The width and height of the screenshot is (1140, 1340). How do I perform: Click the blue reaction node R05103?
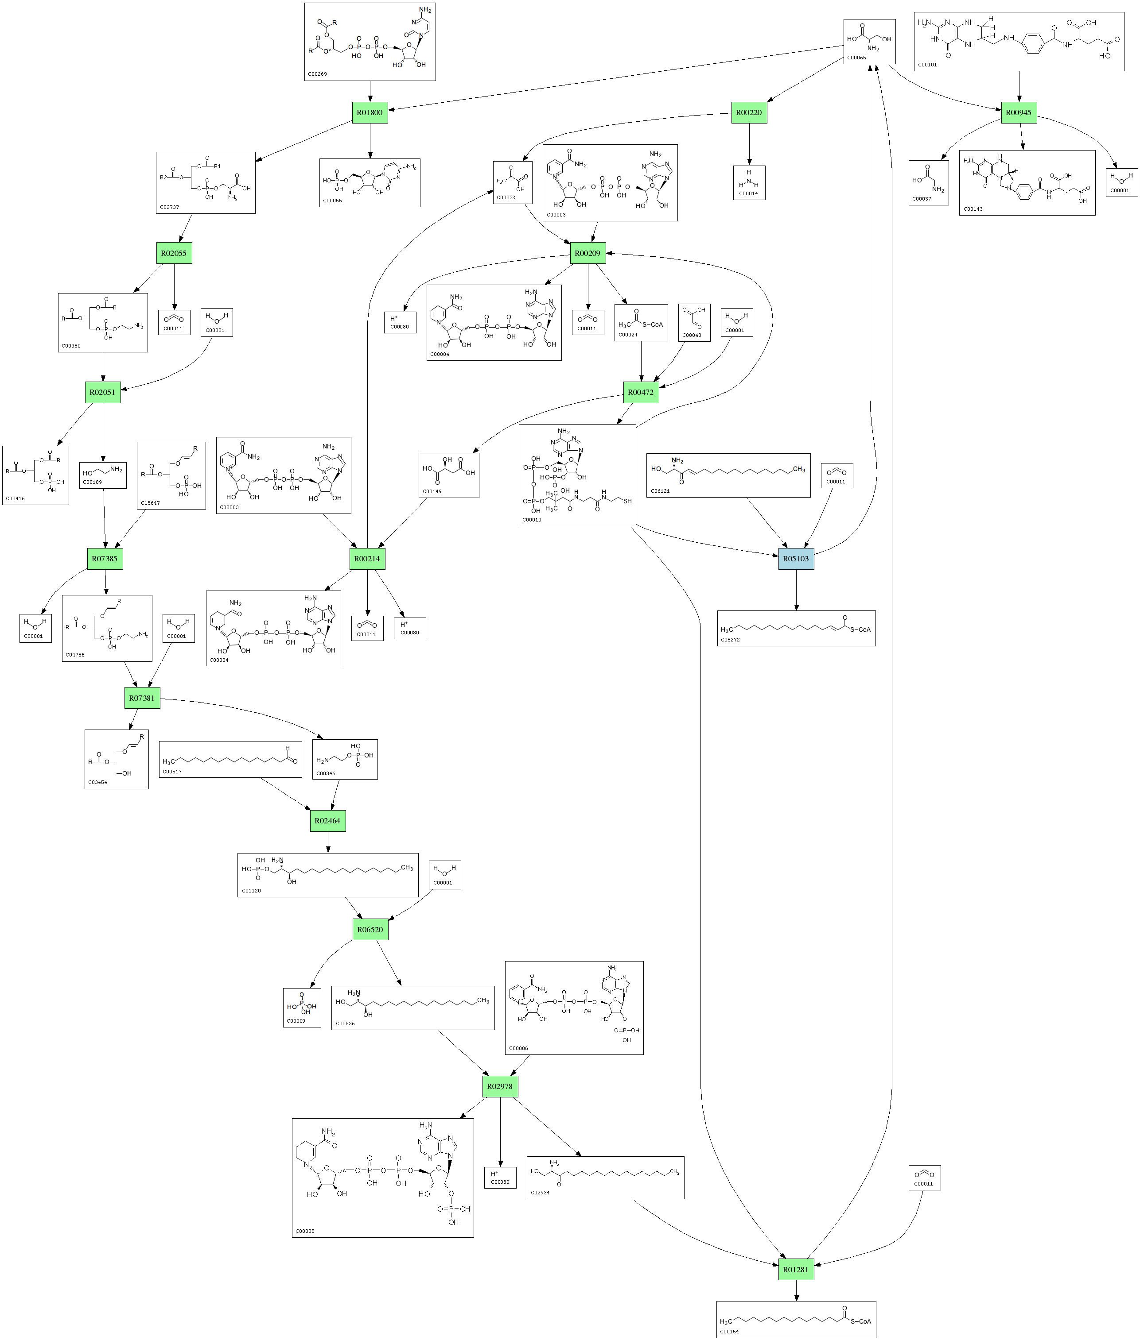pyautogui.click(x=796, y=559)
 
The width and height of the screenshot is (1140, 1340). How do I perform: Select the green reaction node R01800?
pyautogui.click(x=370, y=112)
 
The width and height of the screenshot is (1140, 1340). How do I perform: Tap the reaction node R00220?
pyautogui.click(x=749, y=112)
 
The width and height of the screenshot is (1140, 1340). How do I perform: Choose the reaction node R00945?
pyautogui.click(x=1019, y=112)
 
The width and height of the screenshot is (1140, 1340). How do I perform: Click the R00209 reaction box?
pyautogui.click(x=588, y=253)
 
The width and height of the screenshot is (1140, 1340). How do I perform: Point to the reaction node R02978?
pyautogui.click(x=500, y=1086)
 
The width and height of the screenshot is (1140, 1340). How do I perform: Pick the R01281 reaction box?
pyautogui.click(x=796, y=1270)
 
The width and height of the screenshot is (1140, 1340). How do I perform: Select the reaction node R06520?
pyautogui.click(x=370, y=929)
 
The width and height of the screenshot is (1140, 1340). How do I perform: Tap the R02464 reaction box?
pyautogui.click(x=328, y=821)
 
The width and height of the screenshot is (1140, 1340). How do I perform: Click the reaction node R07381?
pyautogui.click(x=142, y=698)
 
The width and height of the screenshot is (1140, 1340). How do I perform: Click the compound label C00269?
pyautogui.click(x=317, y=74)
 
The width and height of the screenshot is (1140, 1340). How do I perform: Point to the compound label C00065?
pyautogui.click(x=856, y=58)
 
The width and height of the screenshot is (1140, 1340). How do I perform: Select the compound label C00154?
pyautogui.click(x=730, y=1332)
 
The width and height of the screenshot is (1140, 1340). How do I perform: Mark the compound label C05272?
pyautogui.click(x=730, y=640)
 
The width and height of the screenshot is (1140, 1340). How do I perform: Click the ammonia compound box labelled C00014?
pyautogui.click(x=749, y=183)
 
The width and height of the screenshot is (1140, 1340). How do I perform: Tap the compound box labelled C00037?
pyautogui.click(x=928, y=183)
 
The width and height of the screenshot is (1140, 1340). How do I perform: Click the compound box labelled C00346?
pyautogui.click(x=344, y=759)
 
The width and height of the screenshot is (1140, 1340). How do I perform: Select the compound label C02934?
pyautogui.click(x=540, y=1193)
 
